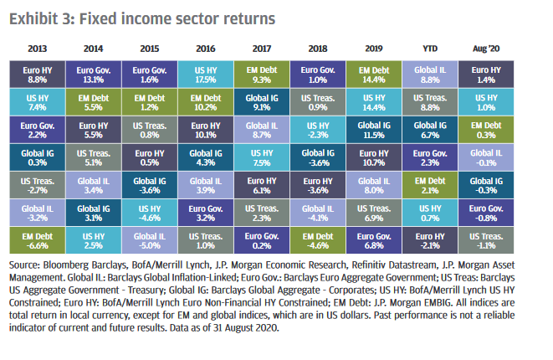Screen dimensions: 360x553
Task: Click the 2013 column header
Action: point(38,49)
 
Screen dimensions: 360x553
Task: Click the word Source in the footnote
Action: point(24,266)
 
